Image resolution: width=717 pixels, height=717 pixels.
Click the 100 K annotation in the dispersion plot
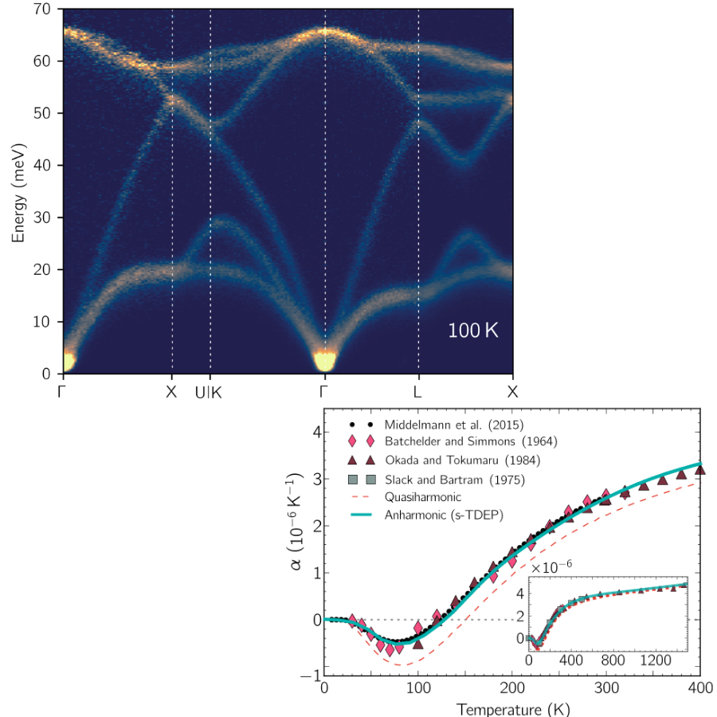coord(472,330)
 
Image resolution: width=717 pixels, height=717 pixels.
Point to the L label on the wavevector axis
coord(417,392)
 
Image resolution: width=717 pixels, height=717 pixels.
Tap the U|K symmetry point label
coord(209,392)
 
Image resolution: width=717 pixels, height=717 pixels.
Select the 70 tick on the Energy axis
coord(41,9)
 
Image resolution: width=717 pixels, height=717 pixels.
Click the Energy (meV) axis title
coord(18,193)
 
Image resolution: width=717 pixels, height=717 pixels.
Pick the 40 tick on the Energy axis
coord(41,165)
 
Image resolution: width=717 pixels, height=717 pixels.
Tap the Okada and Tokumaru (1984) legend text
coord(462,460)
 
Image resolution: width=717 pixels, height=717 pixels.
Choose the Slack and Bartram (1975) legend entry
coord(455,480)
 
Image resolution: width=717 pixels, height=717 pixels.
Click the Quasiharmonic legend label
coord(422,497)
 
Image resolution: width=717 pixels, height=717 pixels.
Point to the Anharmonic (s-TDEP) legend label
coord(444,515)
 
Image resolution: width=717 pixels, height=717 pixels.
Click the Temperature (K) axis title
coord(513,709)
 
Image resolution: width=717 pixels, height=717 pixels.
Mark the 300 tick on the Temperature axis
coord(606,688)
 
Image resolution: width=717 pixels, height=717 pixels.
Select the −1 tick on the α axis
coord(311,676)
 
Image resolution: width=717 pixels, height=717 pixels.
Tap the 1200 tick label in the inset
coord(656,660)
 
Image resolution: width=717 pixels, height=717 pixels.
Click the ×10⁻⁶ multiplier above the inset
coord(551,567)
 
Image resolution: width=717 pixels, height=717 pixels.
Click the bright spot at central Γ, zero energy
coord(325,361)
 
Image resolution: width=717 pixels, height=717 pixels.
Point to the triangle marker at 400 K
coord(699,469)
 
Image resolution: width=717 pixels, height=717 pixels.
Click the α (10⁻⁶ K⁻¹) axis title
coord(295,521)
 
